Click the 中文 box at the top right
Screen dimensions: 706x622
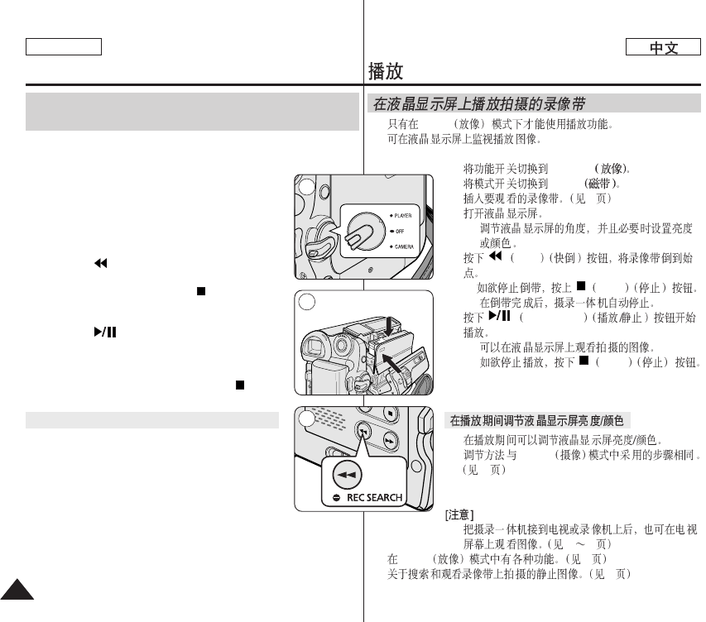click(x=664, y=48)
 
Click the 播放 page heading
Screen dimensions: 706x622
click(x=386, y=71)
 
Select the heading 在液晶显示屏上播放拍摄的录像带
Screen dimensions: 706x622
click(x=480, y=105)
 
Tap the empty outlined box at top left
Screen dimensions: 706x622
click(x=63, y=47)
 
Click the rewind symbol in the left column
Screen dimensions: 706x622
click(x=101, y=264)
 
